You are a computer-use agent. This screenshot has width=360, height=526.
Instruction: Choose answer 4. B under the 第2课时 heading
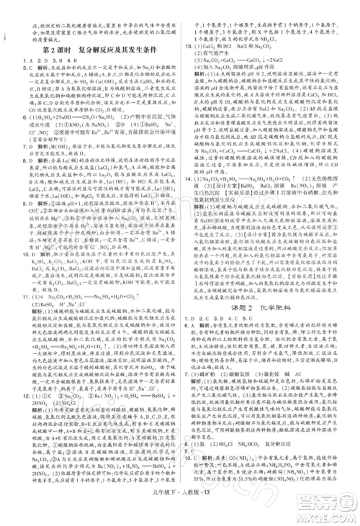pos(63,60)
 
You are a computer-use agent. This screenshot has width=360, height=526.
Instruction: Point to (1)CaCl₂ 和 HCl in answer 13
pos(223,65)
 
